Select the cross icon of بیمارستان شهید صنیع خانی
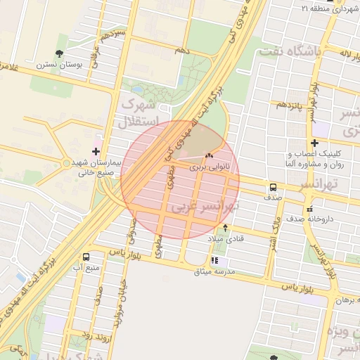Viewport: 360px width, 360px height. click(x=96, y=151)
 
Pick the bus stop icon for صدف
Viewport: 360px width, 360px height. click(x=273, y=188)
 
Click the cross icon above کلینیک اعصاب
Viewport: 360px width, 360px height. click(x=314, y=143)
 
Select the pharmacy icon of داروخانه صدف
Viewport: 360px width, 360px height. click(x=309, y=209)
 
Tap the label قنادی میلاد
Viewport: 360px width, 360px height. click(x=225, y=239)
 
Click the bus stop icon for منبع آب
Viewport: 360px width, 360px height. click(x=86, y=257)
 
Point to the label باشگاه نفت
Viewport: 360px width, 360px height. click(x=290, y=51)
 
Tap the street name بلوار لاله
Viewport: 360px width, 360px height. click(x=338, y=53)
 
